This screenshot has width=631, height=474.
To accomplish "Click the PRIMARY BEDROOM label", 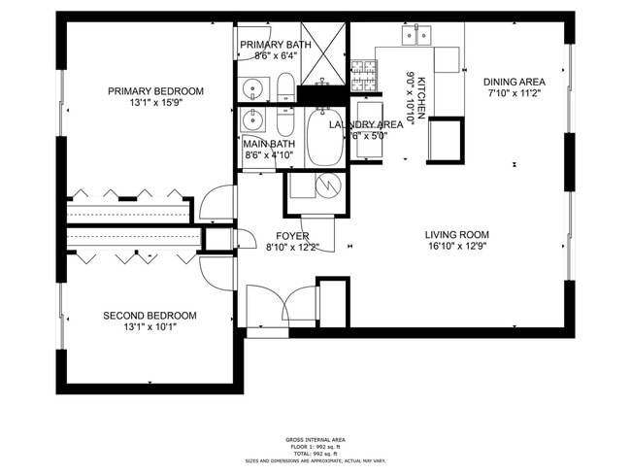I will tap(155, 91).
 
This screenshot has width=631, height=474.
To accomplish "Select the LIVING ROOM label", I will tap(456, 234).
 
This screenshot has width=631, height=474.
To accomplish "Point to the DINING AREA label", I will tap(514, 82).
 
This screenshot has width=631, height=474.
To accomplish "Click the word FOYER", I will tap(292, 236).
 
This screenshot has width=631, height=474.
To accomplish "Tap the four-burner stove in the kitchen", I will tap(364, 71).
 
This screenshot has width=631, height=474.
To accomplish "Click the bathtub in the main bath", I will tap(324, 139).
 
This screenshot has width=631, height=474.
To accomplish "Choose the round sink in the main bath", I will tap(251, 121).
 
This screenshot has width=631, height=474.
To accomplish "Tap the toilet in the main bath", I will tap(285, 122).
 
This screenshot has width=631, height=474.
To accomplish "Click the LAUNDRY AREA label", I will tap(366, 124).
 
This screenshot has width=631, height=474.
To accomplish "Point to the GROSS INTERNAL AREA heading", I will tap(315, 440).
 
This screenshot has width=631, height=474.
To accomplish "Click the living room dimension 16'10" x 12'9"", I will tap(456, 247).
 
